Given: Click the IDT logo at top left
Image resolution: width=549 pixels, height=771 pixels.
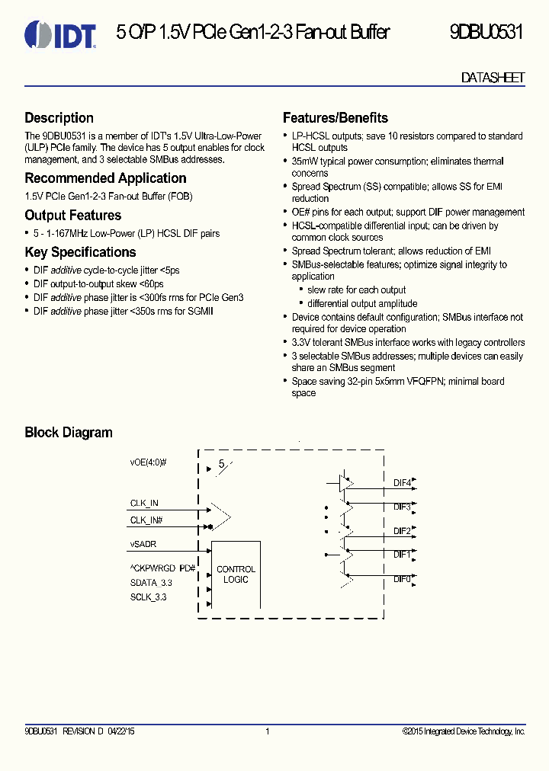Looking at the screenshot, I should click(60, 34).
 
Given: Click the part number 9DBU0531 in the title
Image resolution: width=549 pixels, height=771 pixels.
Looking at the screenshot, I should click(486, 33).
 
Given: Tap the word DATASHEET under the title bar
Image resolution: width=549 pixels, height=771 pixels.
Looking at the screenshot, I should click(493, 78).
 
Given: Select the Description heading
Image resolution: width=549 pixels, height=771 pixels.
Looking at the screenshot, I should click(59, 118).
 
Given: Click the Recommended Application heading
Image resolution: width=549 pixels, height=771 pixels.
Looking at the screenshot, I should click(105, 178).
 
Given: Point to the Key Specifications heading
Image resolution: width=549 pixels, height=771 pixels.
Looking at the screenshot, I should click(80, 252).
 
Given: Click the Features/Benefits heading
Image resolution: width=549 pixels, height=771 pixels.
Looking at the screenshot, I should click(335, 118).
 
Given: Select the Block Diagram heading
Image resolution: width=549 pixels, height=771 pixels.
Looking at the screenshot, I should click(69, 433).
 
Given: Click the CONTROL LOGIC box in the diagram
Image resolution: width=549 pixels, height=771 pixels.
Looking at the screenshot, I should click(236, 574).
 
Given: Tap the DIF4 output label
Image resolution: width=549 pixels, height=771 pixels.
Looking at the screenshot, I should click(402, 483).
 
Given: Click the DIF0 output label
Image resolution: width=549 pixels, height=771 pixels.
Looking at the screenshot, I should click(402, 579).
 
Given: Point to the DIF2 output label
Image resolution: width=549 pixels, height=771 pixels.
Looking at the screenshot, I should click(402, 531).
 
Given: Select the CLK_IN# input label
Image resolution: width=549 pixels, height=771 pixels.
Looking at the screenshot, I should click(146, 520).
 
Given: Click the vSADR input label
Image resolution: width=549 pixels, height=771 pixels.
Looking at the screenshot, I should click(143, 545).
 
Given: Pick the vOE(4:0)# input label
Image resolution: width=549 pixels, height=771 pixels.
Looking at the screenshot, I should click(148, 462).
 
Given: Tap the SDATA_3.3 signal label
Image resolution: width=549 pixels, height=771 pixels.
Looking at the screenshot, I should click(151, 583).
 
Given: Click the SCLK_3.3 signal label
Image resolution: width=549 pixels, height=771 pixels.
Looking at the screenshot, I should click(148, 597).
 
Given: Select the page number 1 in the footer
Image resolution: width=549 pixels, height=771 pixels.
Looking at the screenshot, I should click(268, 732).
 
